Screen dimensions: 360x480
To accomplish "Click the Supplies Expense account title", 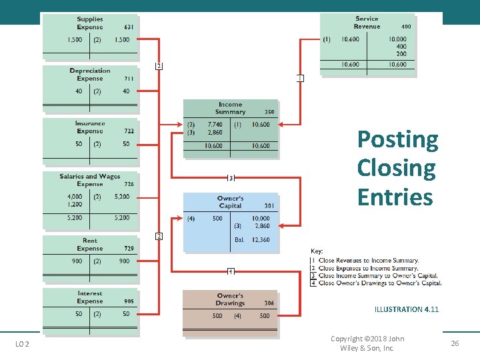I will click(90, 23).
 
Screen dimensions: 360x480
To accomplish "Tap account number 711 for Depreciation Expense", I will click(129, 79).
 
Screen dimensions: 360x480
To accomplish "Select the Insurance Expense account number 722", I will click(129, 131).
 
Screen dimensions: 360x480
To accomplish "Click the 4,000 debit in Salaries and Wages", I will click(75, 197).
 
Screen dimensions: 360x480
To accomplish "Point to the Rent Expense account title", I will click(90, 245).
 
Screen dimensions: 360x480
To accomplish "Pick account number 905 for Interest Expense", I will click(129, 301).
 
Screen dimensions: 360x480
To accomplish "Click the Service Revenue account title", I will click(367, 23).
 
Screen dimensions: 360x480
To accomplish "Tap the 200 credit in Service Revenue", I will click(401, 54).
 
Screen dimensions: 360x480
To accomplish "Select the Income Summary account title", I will click(231, 108).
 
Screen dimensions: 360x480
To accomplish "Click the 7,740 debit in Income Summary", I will click(215, 125).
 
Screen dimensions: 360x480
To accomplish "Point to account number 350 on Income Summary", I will click(269, 112).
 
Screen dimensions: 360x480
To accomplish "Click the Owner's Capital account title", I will click(230, 202).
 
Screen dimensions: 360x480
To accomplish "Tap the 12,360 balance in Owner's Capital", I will click(261, 240).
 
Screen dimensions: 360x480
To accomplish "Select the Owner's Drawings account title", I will click(230, 299).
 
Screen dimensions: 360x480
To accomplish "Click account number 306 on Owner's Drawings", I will click(269, 303).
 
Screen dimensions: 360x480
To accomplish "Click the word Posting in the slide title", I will click(397, 139).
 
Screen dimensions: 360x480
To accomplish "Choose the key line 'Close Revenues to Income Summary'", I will click(369, 260).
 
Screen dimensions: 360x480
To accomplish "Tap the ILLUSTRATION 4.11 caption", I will click(407, 309).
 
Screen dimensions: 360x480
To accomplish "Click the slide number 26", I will click(455, 343).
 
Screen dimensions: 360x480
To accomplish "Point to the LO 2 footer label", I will click(23, 343).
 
